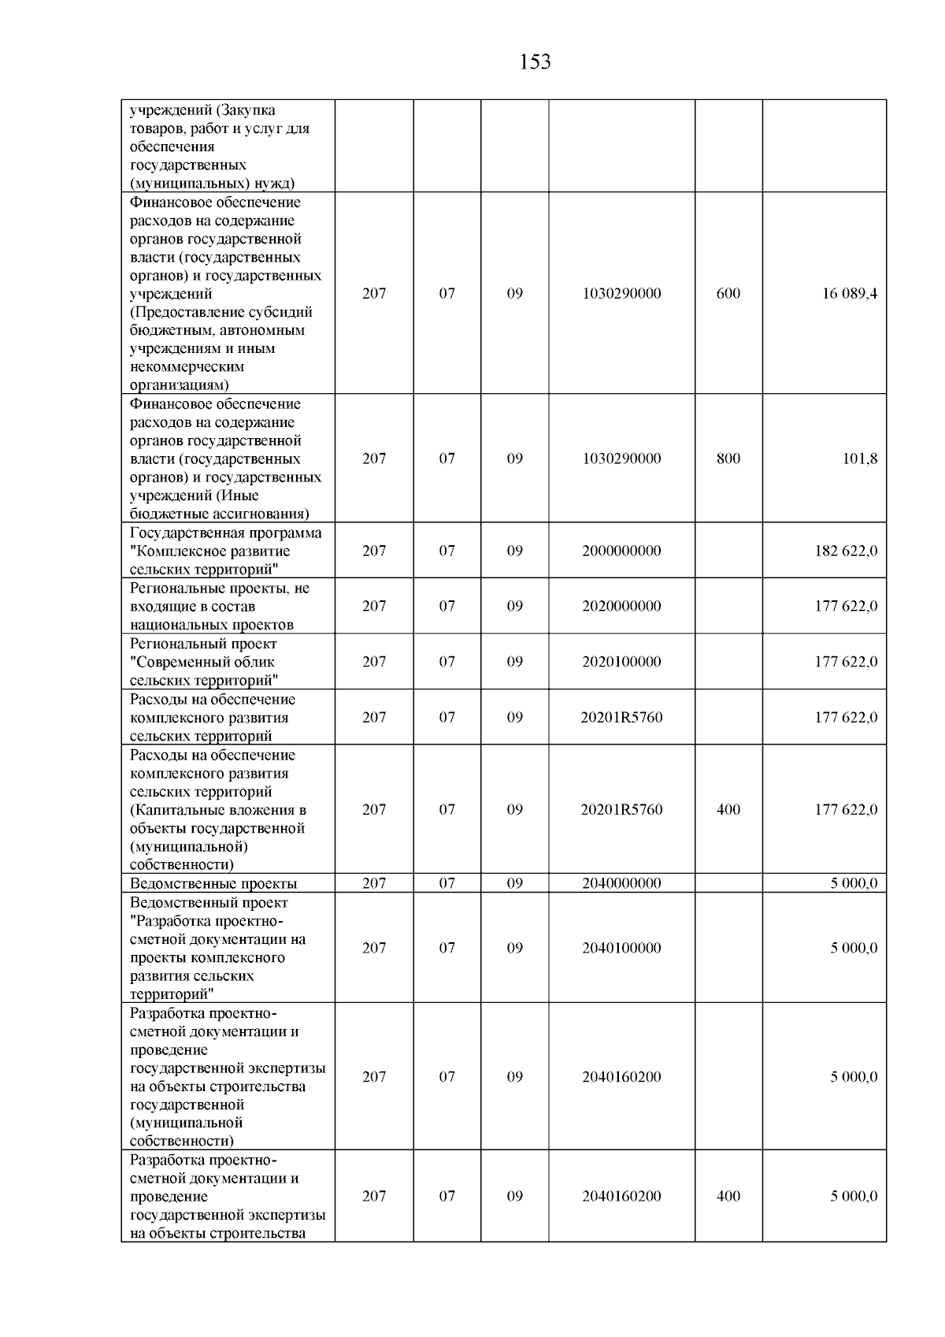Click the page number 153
pos(535,62)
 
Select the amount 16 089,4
pos(850,294)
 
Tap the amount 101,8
pos(860,459)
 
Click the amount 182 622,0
pos(846,552)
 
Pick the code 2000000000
pos(621,552)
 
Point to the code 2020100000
pos(621,662)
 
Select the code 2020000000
pos(621,607)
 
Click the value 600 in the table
pos(728,294)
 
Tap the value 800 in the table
pos(728,459)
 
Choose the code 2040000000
pos(621,884)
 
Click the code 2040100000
pos(621,949)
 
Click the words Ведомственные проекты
pos(213,884)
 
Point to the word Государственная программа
pos(225,533)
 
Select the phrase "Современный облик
pos(202,662)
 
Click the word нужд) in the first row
pos(274,184)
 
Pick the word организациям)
pos(180,385)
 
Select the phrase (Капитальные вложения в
pos(217,811)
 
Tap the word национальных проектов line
pos(211,626)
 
